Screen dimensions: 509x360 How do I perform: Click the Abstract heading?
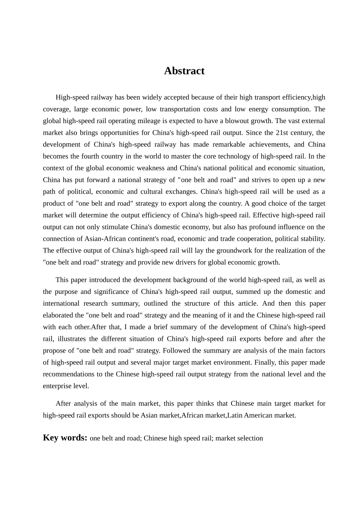[x=184, y=71]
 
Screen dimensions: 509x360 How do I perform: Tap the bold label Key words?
[x=65, y=438]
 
